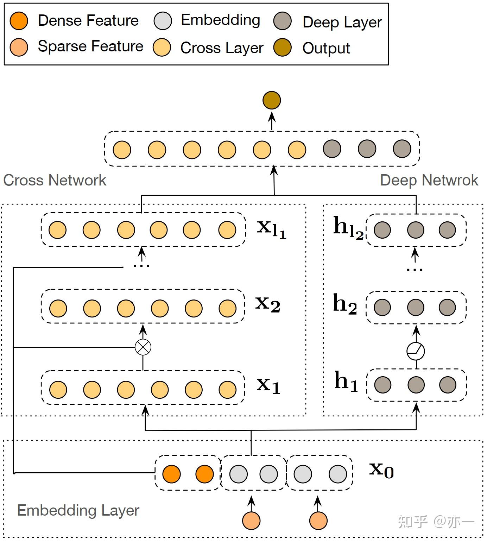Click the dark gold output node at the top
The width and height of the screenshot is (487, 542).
click(272, 100)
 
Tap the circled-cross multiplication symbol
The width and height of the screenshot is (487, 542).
click(143, 347)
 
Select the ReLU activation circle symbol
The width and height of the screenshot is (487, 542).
click(416, 351)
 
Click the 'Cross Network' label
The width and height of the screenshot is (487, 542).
click(55, 180)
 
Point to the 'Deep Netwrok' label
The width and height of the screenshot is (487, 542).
click(429, 180)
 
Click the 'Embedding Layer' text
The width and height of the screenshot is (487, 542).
click(78, 510)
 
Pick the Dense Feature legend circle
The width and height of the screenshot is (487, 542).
click(19, 21)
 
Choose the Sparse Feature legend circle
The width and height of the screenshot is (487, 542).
click(19, 47)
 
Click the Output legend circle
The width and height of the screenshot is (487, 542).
click(282, 48)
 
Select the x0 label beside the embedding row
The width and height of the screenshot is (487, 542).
click(381, 469)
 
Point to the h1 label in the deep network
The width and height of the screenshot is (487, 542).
click(346, 382)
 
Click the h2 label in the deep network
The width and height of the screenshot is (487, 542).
click(345, 304)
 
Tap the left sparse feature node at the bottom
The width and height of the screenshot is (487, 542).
click(251, 521)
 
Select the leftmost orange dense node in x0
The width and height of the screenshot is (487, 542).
click(171, 474)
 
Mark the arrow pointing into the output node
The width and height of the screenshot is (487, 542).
click(272, 120)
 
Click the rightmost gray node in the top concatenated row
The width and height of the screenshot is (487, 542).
click(402, 149)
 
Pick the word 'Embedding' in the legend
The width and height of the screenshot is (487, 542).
click(220, 20)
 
